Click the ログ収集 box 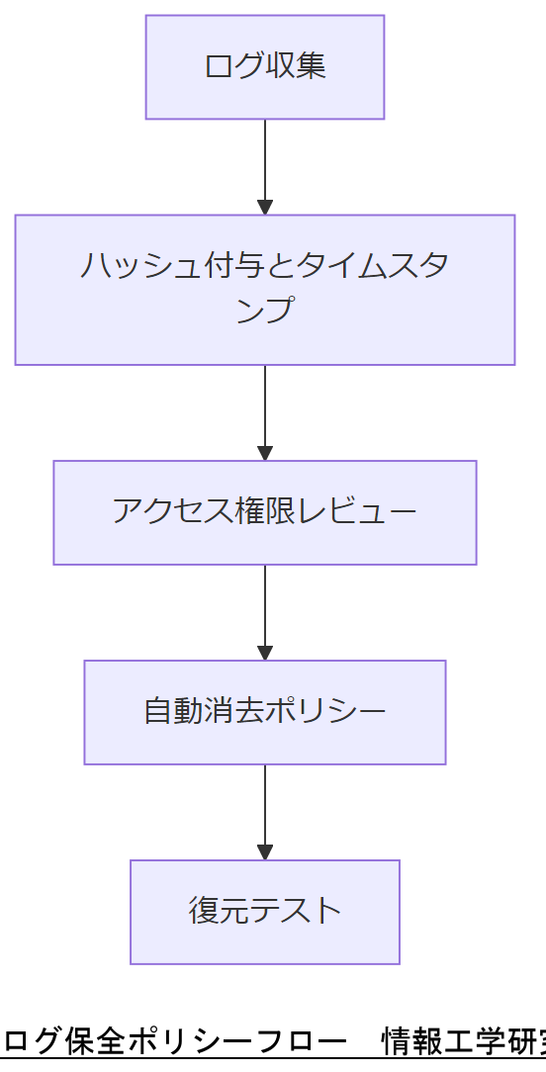click(264, 67)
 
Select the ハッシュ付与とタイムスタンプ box click(264, 290)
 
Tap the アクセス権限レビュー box click(264, 512)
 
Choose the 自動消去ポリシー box click(264, 712)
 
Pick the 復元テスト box click(264, 912)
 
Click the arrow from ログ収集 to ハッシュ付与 click(264, 163)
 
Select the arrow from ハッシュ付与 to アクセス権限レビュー click(264, 409)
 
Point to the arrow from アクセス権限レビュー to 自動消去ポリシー click(264, 609)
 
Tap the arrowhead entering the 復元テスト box click(264, 852)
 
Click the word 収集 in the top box click(296, 67)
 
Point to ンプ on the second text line click(264, 310)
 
